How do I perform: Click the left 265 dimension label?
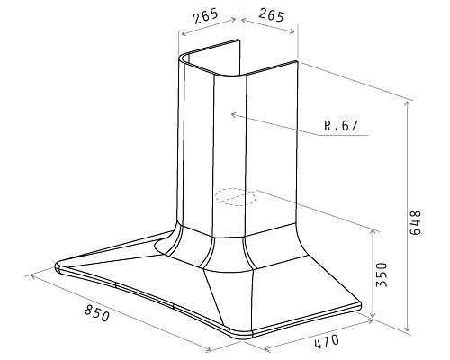tap(206, 16)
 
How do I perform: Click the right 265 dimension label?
tap(271, 15)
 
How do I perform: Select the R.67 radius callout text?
tap(341, 126)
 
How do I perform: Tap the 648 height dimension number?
tap(416, 222)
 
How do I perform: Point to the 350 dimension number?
tap(382, 274)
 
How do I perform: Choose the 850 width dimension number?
tap(97, 312)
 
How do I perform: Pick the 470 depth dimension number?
tap(327, 341)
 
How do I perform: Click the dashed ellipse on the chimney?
tap(235, 197)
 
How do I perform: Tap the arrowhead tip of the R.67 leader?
tap(232, 114)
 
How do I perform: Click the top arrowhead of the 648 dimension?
tap(407, 102)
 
